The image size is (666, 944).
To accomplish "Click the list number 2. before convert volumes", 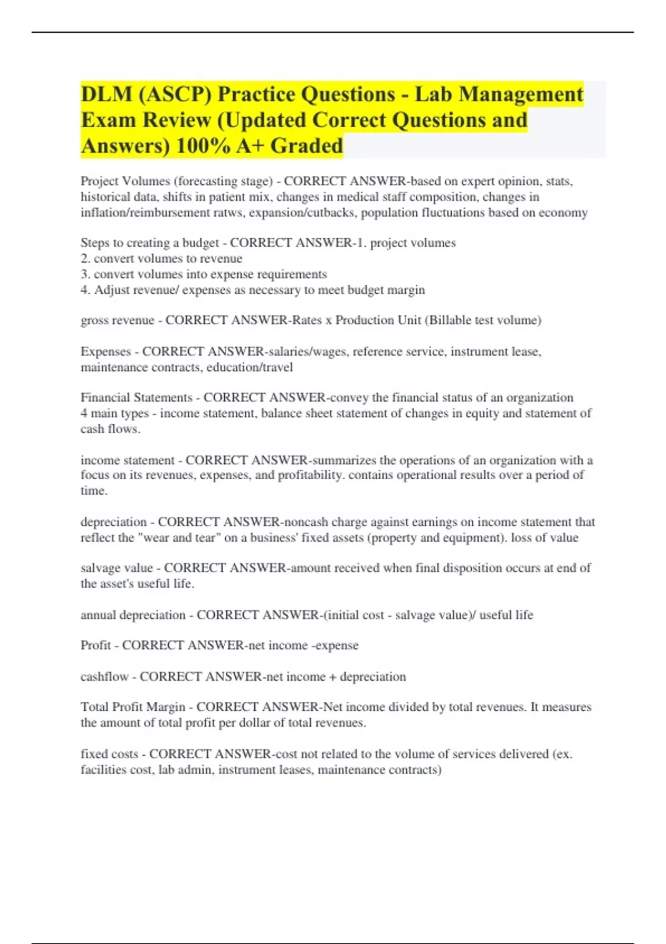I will point(85,259).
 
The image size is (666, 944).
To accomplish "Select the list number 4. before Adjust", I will point(85,290).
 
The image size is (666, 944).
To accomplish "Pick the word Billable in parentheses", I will point(451,320).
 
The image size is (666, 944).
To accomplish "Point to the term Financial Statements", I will point(136,398).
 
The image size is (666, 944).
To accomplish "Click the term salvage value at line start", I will point(117,568).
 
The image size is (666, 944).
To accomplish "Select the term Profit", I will point(95,645).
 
